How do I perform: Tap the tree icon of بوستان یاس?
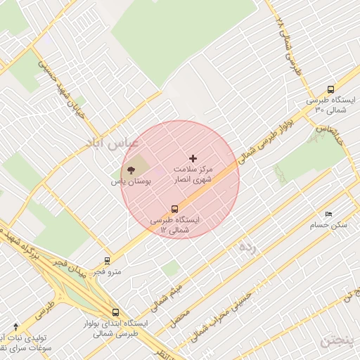point(131,169)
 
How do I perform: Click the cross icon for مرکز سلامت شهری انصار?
point(193,159)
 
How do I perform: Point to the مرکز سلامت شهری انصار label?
point(195,175)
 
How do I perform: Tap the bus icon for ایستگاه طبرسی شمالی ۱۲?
point(174,208)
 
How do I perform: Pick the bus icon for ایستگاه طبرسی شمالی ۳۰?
point(330,89)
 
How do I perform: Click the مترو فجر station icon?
point(107,260)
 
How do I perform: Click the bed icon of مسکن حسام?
point(328,214)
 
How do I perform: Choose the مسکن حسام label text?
point(329,225)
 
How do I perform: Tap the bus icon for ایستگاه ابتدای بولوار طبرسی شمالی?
point(115,312)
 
